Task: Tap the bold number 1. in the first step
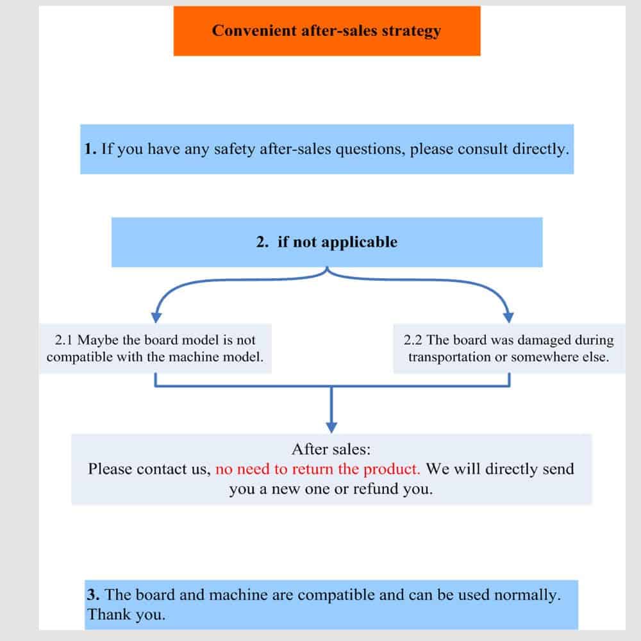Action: [90, 149]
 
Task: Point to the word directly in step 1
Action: [540, 149]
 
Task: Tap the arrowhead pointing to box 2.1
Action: [155, 316]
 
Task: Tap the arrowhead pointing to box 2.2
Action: [509, 316]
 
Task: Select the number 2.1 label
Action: [65, 340]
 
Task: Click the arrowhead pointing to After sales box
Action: [331, 426]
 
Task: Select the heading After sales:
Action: [331, 449]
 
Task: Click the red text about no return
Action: [318, 469]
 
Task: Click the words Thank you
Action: [126, 614]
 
